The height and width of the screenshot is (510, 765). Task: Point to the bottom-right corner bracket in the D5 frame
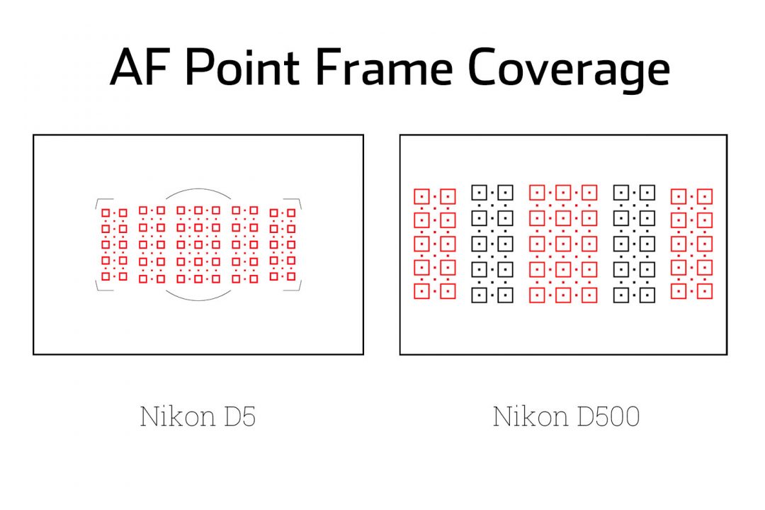298,286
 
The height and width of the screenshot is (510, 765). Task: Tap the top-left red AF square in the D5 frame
106,212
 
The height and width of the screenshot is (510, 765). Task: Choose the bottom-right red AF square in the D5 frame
291,277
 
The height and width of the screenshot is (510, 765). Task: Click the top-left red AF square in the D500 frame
421,196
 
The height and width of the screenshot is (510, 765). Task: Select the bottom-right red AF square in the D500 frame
704,291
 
